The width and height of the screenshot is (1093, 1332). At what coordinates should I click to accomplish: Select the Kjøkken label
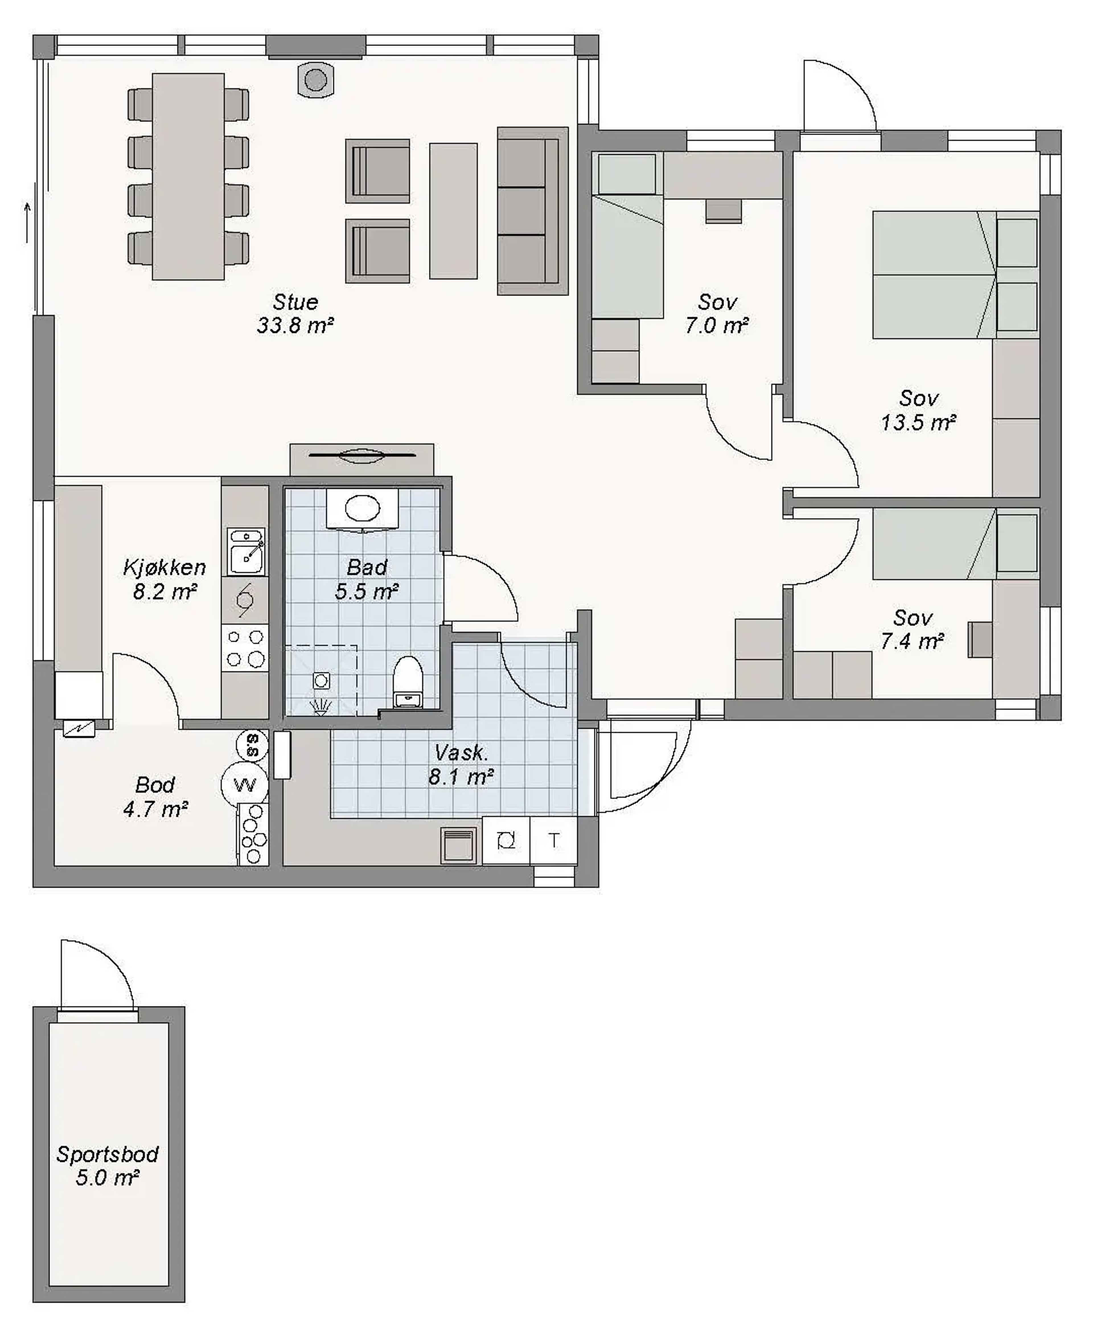[x=164, y=567]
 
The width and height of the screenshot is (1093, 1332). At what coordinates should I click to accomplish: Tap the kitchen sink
[x=246, y=552]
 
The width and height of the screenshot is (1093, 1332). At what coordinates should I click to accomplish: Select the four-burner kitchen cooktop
[x=245, y=648]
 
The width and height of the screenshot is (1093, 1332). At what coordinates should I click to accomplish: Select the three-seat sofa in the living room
[x=533, y=211]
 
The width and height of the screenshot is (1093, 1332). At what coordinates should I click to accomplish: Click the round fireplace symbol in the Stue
[x=315, y=80]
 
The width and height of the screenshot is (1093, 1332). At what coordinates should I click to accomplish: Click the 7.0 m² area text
[x=716, y=326]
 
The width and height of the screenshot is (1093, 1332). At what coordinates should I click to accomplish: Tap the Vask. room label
[x=461, y=753]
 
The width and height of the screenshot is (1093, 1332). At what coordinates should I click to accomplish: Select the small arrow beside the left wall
[x=27, y=223]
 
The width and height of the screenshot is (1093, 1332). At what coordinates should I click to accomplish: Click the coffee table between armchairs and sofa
[x=453, y=211]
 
